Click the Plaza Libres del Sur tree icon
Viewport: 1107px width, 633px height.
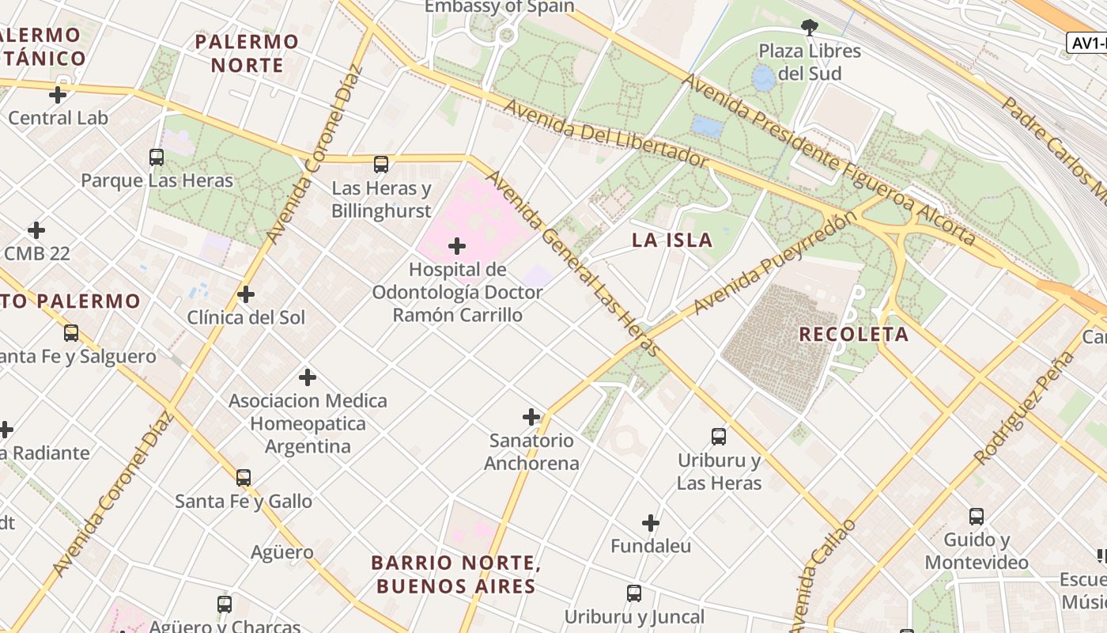tap(809, 28)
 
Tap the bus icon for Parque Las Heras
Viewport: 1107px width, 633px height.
tap(157, 157)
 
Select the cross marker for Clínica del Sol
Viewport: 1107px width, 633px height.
tap(246, 294)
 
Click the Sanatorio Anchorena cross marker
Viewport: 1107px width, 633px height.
tap(531, 417)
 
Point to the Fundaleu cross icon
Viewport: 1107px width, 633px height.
tap(651, 523)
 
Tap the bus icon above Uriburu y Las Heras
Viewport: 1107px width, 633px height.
tap(719, 437)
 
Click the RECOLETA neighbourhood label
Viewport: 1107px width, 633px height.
tap(853, 334)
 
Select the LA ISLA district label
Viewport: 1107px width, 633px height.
tap(671, 241)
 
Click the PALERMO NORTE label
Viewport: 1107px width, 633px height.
tap(247, 53)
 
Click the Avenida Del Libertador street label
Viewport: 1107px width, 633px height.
tap(605, 133)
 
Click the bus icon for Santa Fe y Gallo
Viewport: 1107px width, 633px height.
tap(244, 478)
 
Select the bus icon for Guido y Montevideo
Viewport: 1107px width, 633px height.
tap(977, 517)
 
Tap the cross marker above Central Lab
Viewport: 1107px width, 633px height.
tap(58, 95)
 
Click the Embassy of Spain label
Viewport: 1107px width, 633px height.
tap(499, 7)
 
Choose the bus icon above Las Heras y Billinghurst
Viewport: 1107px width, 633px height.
tap(381, 165)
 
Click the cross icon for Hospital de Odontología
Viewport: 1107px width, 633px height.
tap(457, 246)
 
